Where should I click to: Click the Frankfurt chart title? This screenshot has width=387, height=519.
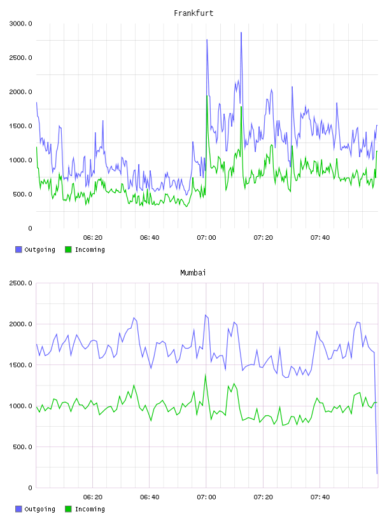[193, 13]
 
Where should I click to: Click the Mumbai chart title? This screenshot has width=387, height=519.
[193, 273]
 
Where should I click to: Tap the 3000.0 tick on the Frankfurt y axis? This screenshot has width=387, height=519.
[20, 24]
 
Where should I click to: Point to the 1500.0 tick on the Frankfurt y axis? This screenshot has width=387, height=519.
[20, 126]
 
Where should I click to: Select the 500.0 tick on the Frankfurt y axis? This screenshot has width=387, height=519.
[22, 194]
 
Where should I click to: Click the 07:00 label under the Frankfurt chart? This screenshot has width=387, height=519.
[206, 238]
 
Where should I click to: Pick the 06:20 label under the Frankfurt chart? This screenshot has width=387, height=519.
[93, 238]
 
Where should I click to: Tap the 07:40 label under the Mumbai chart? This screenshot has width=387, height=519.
[320, 497]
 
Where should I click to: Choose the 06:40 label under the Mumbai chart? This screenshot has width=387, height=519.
[150, 497]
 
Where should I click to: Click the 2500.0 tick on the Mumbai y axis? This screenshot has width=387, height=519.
[20, 283]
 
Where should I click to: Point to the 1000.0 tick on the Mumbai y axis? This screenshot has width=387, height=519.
[20, 406]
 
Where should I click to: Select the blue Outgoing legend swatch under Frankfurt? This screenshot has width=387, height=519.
[18, 249]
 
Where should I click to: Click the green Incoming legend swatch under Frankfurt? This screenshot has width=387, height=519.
[68, 249]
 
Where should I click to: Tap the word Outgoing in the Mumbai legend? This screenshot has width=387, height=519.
[39, 509]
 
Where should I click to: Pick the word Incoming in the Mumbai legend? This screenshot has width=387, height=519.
[90, 509]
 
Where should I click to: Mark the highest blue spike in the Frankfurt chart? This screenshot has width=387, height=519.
[241, 32]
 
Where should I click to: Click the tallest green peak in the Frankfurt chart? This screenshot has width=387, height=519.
[207, 95]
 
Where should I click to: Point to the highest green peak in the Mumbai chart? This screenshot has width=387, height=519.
[206, 375]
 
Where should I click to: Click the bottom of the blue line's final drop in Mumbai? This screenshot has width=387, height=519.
[377, 474]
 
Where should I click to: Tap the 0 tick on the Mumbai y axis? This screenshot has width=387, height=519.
[30, 488]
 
